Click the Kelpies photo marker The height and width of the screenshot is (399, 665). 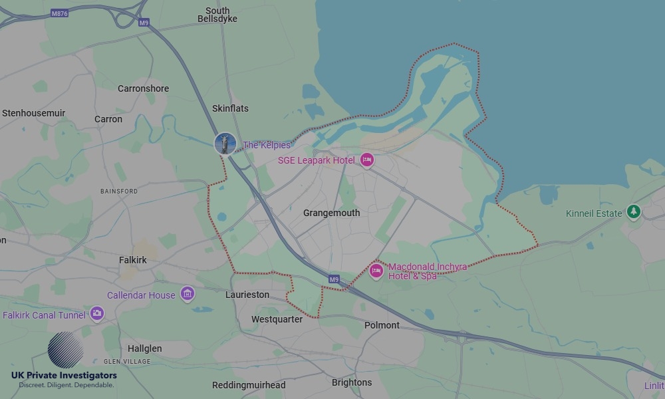tap(225, 144)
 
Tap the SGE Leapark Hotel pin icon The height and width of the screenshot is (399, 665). tap(366, 160)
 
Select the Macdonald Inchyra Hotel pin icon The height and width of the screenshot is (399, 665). tap(376, 271)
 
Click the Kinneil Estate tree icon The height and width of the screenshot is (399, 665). tap(634, 212)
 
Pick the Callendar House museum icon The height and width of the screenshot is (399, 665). tap(188, 294)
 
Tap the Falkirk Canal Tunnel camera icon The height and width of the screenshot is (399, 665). tap(97, 313)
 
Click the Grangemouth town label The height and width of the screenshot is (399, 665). tap(331, 213)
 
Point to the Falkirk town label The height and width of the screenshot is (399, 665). tap(132, 260)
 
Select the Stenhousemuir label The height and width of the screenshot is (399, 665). tap(33, 113)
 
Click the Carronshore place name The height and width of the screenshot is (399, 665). tap(143, 88)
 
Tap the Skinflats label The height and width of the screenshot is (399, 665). tap(230, 108)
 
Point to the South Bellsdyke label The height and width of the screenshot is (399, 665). tap(217, 15)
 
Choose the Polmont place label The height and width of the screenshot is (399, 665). tap(382, 325)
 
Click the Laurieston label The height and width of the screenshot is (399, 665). tap(247, 295)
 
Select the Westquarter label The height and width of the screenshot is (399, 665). tap(277, 319)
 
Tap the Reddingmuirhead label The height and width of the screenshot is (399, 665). tap(249, 385)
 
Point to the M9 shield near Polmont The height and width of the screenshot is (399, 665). tap(334, 279)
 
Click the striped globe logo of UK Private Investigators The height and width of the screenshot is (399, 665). tap(65, 350)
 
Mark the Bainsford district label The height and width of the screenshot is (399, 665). tap(119, 191)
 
